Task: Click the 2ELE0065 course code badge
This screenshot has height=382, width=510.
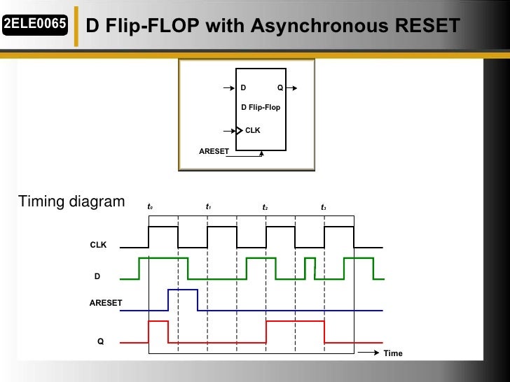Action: click(x=34, y=25)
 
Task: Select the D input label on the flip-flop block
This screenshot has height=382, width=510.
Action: click(x=243, y=88)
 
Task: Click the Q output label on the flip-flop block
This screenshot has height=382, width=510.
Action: click(x=280, y=88)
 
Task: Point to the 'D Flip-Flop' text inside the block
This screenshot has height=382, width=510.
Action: click(x=261, y=108)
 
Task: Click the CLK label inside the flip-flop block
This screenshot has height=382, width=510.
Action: click(x=252, y=130)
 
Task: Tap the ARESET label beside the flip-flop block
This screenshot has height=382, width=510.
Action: click(x=214, y=151)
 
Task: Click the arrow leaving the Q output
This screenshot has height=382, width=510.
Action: click(x=294, y=88)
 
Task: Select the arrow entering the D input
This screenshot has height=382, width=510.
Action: click(x=229, y=88)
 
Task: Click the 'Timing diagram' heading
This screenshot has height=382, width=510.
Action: click(x=71, y=202)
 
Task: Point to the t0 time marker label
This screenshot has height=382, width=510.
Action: click(x=150, y=207)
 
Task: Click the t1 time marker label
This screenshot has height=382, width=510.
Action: click(x=208, y=207)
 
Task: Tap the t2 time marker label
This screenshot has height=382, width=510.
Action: click(x=266, y=207)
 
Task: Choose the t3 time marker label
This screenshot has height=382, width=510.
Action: click(x=324, y=207)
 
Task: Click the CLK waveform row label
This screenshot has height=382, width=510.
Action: click(x=98, y=246)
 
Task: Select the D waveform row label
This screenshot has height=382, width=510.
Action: click(x=97, y=277)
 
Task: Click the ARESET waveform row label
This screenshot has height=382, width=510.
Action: click(x=106, y=303)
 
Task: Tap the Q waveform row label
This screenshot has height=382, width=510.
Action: click(x=100, y=341)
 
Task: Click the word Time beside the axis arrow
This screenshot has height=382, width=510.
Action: click(x=393, y=353)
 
